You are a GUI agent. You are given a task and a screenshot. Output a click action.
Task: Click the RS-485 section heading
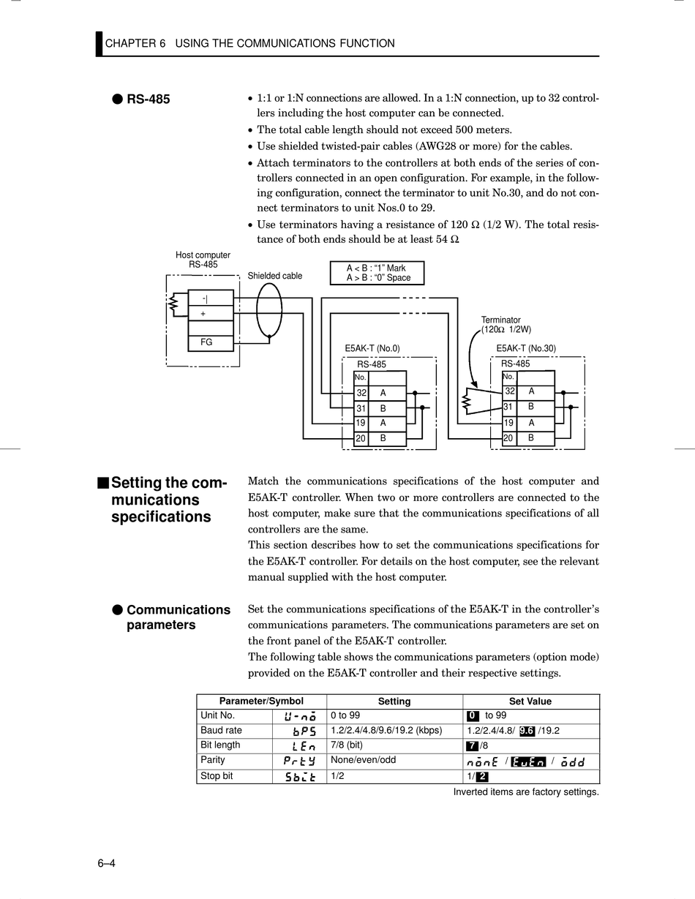point(148,99)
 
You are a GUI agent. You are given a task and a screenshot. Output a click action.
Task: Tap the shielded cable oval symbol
point(269,309)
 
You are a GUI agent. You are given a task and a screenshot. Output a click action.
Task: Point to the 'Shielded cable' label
point(274,276)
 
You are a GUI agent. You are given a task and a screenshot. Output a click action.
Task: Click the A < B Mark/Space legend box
point(377,273)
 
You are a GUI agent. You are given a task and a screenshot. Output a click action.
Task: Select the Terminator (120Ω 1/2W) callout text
point(506,325)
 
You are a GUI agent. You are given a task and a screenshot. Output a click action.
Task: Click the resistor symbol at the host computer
point(174,304)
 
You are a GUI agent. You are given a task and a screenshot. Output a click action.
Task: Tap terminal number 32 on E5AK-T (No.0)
point(361,394)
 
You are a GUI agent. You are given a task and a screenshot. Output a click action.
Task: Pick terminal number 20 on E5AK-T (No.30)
point(508,438)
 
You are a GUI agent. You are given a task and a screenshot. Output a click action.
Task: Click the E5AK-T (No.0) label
point(372,349)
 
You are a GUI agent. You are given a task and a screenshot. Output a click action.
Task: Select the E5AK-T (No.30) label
point(526,349)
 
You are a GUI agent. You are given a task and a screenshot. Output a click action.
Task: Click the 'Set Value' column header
point(530,701)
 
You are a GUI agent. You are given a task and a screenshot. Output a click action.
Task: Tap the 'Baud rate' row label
point(221,731)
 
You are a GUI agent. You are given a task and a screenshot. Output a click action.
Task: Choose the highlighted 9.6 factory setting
point(527,731)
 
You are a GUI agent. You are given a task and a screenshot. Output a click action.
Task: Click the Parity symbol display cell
point(299,761)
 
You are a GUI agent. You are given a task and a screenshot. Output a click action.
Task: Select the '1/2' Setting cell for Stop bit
point(337,775)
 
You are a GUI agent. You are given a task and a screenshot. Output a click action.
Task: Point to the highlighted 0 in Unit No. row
point(473,716)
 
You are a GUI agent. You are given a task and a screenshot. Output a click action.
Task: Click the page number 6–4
point(107,864)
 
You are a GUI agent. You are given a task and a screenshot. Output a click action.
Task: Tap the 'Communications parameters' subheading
point(178,617)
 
